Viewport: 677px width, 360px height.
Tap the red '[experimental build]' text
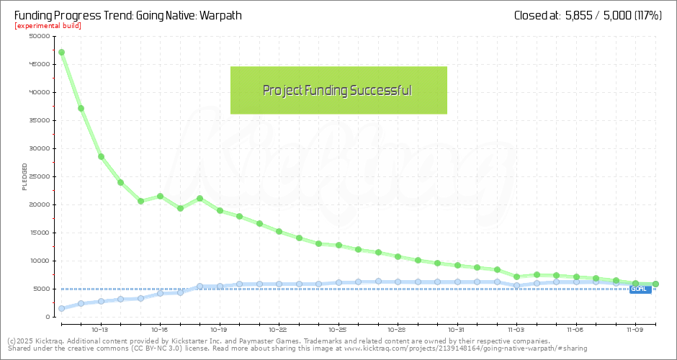coord(48,26)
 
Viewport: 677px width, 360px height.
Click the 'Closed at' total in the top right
coord(588,15)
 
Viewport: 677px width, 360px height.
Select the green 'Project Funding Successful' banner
coord(338,91)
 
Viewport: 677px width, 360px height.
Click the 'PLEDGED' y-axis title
coord(24,176)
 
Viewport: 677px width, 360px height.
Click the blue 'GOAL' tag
coord(640,289)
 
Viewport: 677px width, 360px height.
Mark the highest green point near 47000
coord(61,52)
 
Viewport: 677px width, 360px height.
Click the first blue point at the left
coord(61,308)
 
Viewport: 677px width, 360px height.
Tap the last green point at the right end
coord(655,284)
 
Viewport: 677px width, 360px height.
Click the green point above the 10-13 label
coord(101,156)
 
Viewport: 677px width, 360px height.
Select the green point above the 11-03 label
coord(516,276)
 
